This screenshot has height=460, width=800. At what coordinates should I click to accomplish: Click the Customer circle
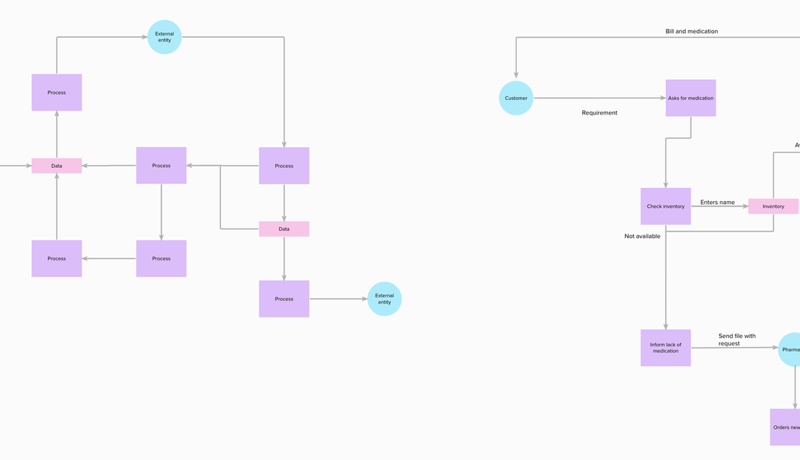[516, 98]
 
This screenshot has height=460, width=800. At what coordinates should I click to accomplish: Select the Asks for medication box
[690, 98]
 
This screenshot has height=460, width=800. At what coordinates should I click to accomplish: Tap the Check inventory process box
[665, 206]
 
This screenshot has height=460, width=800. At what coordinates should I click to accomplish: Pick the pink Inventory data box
[773, 206]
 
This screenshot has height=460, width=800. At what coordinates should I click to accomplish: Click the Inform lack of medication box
[665, 348]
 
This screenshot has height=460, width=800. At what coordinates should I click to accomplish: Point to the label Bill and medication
[691, 31]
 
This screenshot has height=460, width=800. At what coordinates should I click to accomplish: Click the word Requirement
[599, 113]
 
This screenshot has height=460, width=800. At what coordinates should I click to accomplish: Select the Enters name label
[717, 202]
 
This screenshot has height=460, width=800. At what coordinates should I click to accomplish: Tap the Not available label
[642, 237]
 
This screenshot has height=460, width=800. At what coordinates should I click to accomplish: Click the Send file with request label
[736, 339]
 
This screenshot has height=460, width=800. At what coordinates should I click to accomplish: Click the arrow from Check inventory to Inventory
[719, 206]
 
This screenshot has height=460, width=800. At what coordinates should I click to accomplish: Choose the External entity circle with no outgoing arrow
[384, 299]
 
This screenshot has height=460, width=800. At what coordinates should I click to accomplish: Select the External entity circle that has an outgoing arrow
[164, 37]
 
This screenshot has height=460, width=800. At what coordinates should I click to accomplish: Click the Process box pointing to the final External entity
[284, 299]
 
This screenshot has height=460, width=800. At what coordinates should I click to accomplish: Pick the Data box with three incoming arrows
[56, 166]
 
